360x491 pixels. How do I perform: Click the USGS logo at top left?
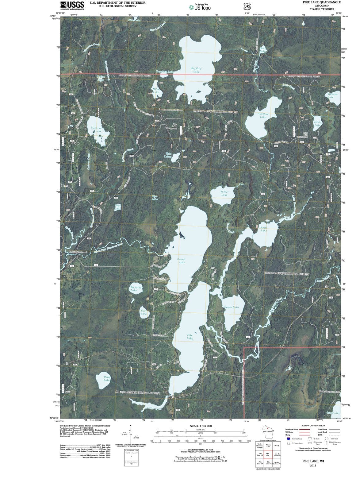72,6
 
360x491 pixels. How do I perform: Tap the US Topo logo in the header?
200,7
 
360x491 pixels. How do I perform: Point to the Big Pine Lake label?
196,70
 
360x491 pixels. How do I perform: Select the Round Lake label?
181,261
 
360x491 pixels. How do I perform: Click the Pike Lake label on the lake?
190,336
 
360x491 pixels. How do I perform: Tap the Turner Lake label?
231,307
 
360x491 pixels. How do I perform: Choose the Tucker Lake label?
224,193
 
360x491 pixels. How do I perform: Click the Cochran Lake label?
97,130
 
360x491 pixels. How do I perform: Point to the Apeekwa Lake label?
263,115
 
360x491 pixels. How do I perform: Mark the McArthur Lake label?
134,289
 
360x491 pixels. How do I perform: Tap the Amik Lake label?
264,229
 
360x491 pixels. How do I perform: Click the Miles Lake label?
156,91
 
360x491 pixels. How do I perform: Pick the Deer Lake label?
144,312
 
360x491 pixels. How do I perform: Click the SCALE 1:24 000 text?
201,426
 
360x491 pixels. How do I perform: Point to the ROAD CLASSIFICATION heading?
313,426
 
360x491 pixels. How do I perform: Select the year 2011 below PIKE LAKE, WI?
313,466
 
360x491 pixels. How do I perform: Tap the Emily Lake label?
318,124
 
